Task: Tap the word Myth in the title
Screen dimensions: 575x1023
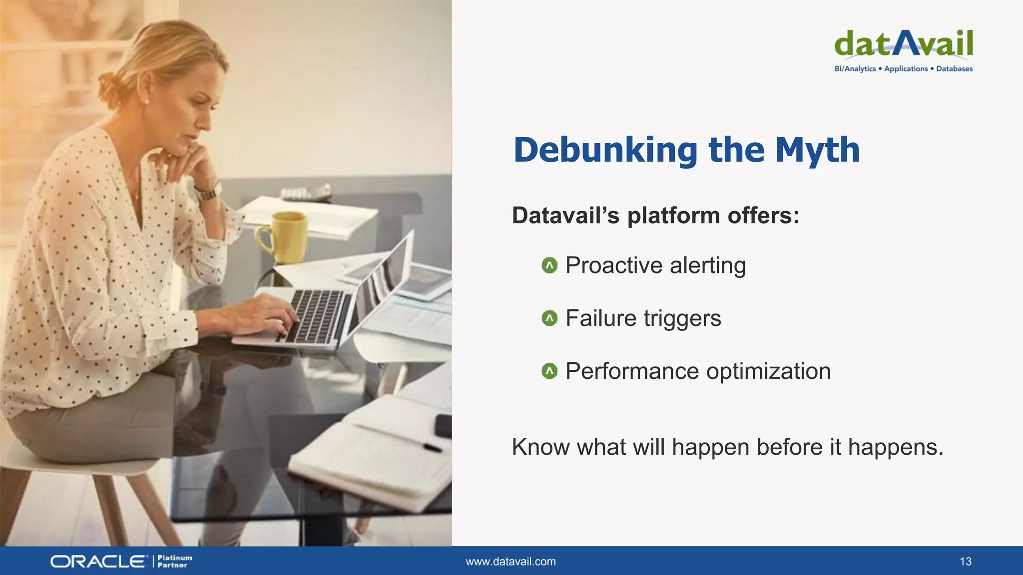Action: coord(817,150)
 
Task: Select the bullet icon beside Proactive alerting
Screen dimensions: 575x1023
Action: coord(549,266)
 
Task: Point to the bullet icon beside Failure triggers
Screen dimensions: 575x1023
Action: coord(549,318)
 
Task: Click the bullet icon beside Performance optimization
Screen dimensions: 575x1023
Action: coord(549,371)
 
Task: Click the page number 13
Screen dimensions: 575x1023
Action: coord(965,562)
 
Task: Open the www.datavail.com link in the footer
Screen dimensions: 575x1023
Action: coord(511,562)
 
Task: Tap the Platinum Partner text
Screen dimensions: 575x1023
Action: coord(174,562)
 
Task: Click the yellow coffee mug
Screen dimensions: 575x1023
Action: coord(285,237)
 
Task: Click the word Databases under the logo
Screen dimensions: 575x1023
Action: coord(954,69)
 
